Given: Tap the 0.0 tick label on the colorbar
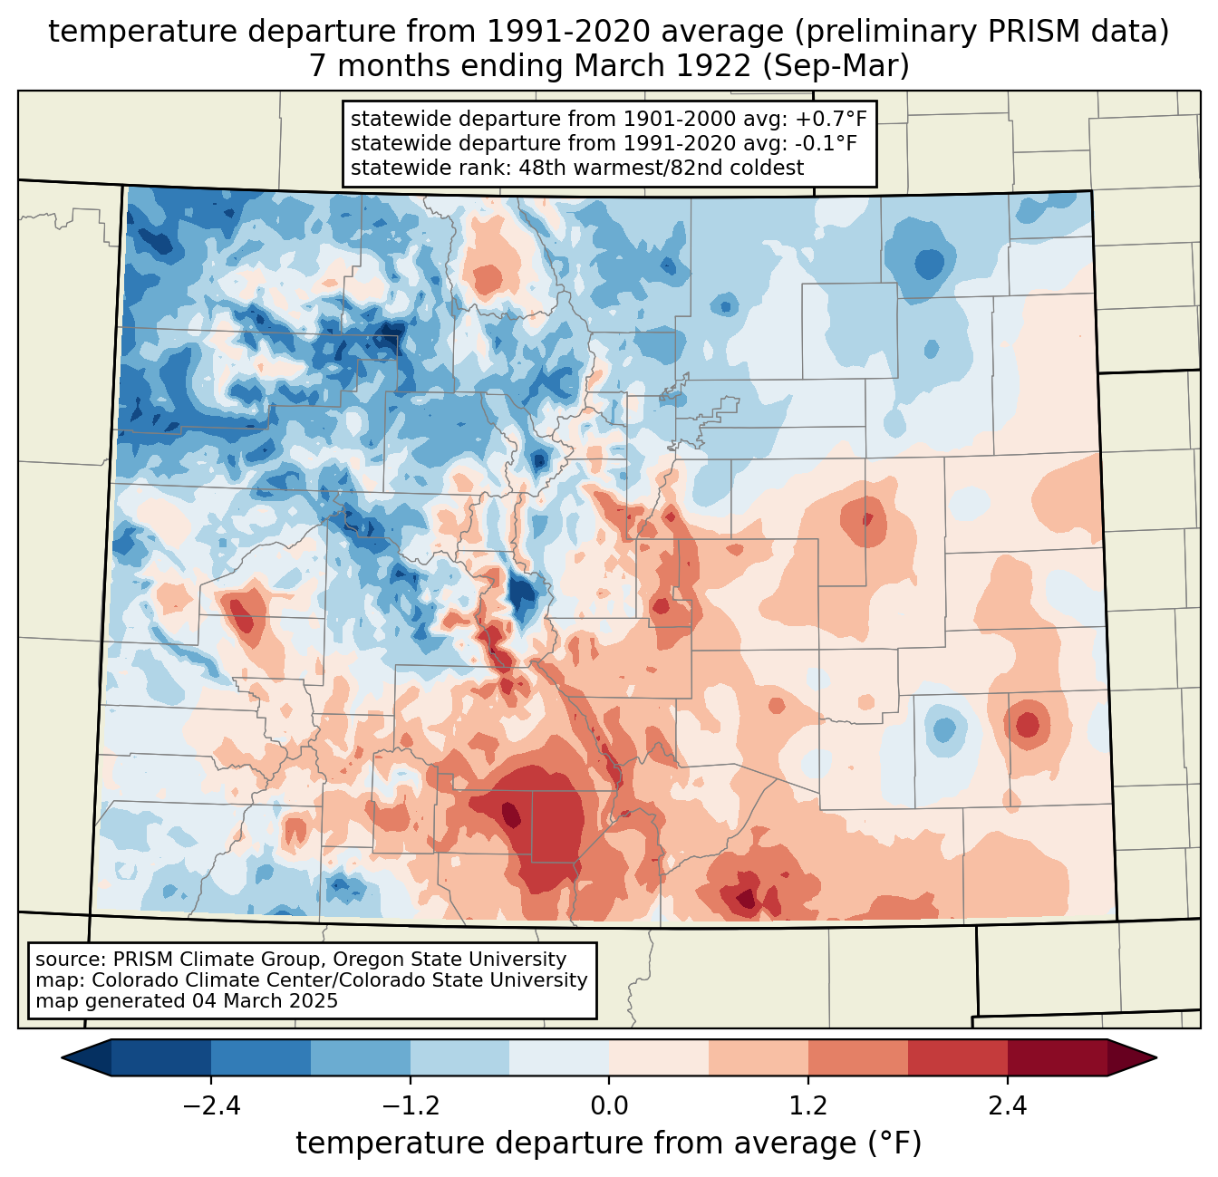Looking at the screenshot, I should click(609, 1106).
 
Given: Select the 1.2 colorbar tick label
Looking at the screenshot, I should click(808, 1106).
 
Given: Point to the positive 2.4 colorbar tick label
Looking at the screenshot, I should click(1007, 1106).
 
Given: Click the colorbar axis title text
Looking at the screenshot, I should click(608, 1143).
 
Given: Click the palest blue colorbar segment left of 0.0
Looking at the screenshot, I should click(559, 1057).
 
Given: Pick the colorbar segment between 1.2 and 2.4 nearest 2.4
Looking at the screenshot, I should click(957, 1057).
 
